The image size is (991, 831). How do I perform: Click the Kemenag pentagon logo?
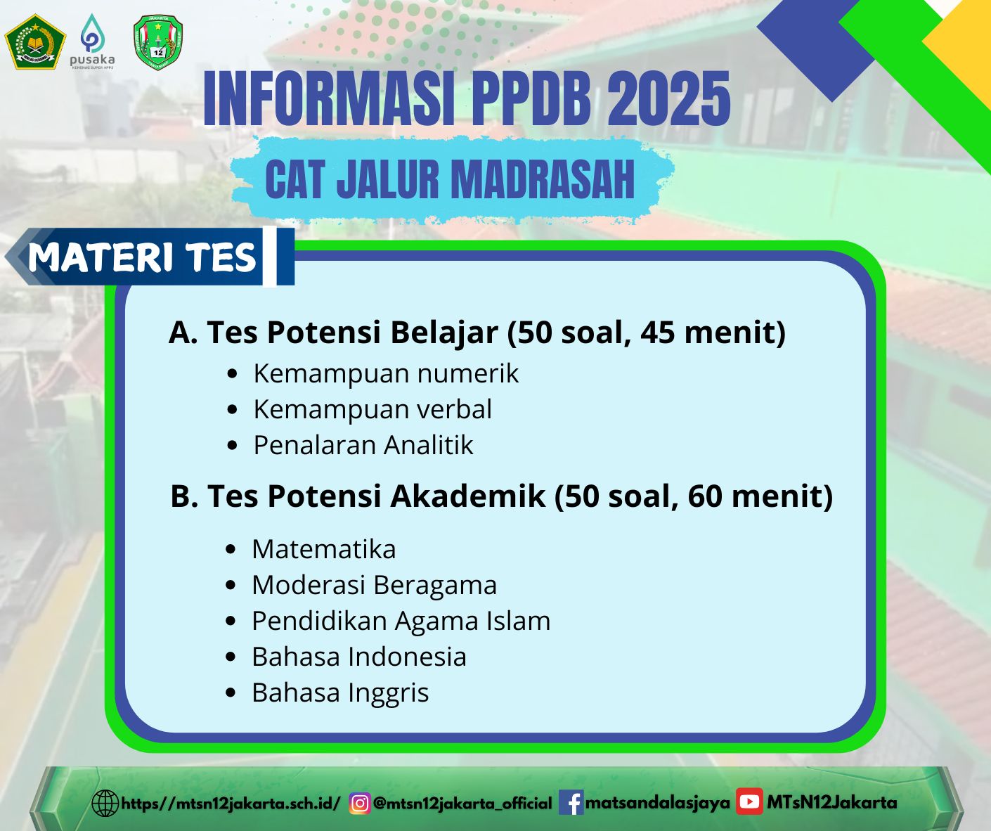(35, 41)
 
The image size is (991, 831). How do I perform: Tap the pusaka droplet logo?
(93, 41)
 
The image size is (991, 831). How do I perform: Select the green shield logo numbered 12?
(158, 41)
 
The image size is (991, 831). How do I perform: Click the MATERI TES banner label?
(142, 257)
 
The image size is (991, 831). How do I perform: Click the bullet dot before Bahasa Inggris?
(231, 692)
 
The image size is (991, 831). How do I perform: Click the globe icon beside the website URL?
(105, 804)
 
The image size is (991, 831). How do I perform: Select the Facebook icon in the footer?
(571, 802)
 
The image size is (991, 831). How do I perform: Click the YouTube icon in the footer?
(749, 801)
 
